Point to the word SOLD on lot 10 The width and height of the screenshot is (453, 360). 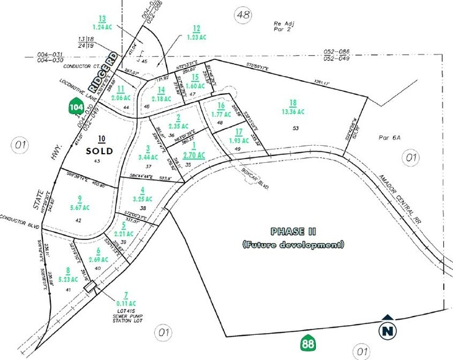pyautogui.click(x=97, y=149)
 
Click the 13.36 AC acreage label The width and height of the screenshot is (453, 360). pyautogui.click(x=294, y=111)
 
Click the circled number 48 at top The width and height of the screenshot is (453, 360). pyautogui.click(x=243, y=15)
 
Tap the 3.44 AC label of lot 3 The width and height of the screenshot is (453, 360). pyautogui.click(x=149, y=157)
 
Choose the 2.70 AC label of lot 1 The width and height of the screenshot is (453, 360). pyautogui.click(x=197, y=155)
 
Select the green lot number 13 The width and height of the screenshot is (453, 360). pyautogui.click(x=102, y=18)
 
